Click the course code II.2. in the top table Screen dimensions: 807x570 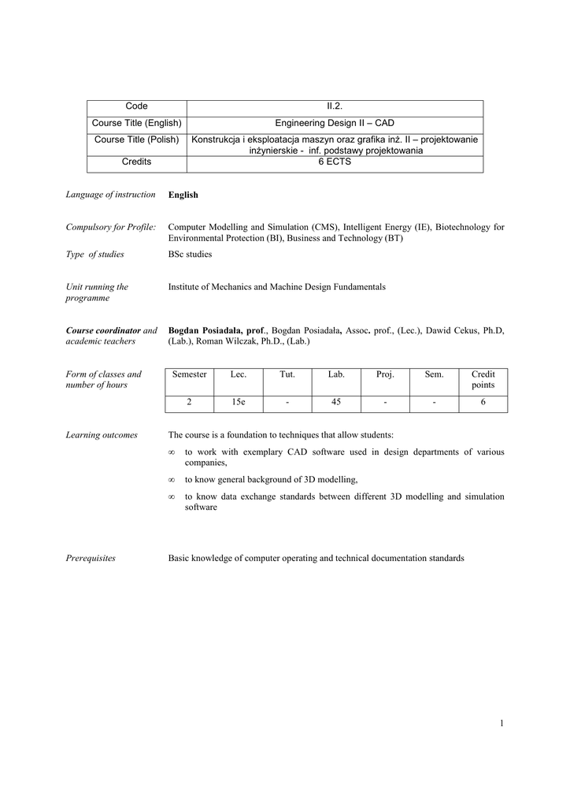(x=335, y=106)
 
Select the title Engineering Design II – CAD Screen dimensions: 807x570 (x=335, y=123)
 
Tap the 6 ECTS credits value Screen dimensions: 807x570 (x=335, y=162)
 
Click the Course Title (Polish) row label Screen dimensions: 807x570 (x=136, y=139)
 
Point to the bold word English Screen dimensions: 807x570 (x=183, y=195)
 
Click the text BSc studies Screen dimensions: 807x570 (x=190, y=255)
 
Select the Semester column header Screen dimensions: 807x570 (x=189, y=374)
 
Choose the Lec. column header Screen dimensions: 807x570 (x=238, y=374)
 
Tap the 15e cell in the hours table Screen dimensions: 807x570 (x=238, y=403)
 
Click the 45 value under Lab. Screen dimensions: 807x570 (x=336, y=403)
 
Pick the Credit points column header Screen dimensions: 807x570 (x=483, y=380)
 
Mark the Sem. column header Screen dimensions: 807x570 (x=434, y=374)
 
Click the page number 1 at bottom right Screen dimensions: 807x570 (x=501, y=724)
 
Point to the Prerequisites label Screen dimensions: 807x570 (x=91, y=558)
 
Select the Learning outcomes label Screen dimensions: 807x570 (x=102, y=435)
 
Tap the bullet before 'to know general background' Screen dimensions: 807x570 (x=171, y=479)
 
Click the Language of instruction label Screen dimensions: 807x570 (x=110, y=195)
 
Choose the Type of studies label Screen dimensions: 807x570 (x=94, y=255)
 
